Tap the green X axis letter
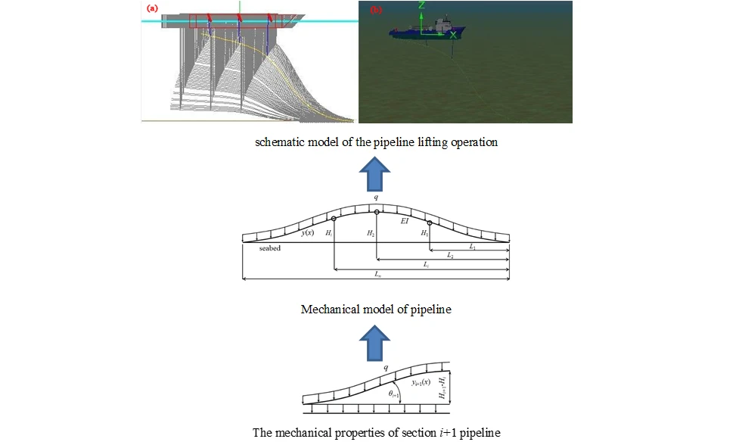click(453, 35)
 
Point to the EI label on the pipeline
click(405, 222)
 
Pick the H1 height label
click(425, 234)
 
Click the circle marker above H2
click(376, 212)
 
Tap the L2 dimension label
click(451, 256)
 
